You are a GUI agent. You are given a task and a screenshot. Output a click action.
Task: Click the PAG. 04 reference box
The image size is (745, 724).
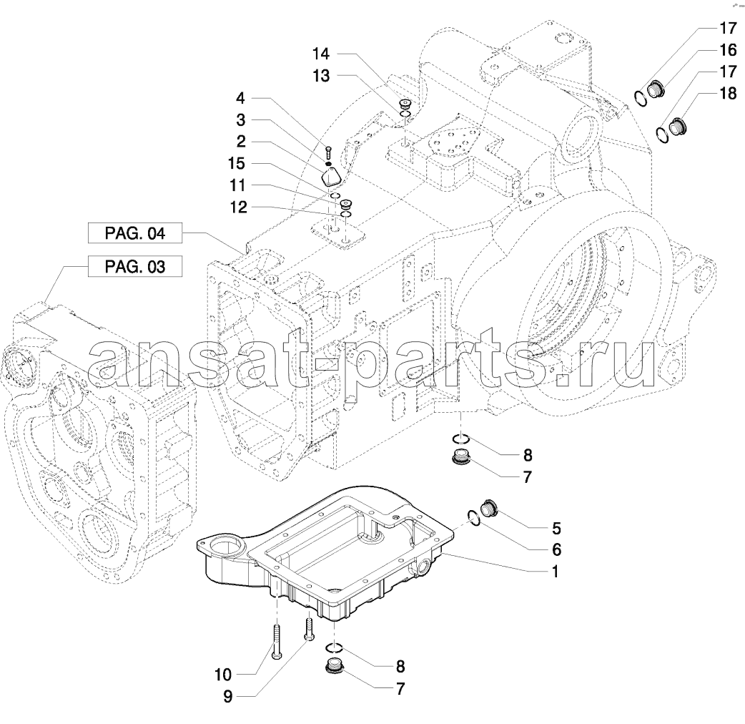point(135,233)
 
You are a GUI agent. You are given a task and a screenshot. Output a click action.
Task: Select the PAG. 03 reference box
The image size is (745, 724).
point(135,266)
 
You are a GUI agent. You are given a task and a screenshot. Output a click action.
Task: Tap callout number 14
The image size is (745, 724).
point(321,54)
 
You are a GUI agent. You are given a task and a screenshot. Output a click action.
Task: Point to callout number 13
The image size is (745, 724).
point(321,76)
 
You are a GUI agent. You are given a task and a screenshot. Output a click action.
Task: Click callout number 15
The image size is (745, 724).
point(237,164)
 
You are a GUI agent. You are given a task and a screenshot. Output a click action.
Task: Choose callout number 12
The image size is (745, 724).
point(239,207)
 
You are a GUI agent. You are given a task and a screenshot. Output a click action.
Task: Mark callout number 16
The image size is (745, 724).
point(728,50)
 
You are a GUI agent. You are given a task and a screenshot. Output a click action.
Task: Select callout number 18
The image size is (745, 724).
point(728,93)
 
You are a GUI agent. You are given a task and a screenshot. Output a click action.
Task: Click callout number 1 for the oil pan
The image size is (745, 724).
point(554,572)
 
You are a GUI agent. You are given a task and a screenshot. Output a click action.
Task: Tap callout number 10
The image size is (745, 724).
point(223,675)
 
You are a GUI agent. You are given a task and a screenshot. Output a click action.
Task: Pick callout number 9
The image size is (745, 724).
point(228,696)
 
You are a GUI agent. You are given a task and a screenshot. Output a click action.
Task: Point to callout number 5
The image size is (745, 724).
point(556,528)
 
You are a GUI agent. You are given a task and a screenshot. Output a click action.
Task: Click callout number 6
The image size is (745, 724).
point(556,550)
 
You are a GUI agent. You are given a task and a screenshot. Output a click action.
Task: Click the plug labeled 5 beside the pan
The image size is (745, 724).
point(489,508)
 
